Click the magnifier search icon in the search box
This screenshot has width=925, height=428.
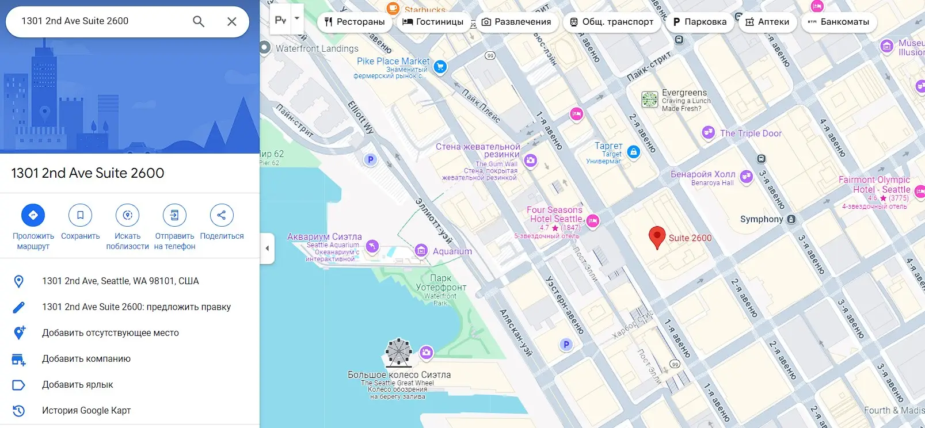tap(199, 21)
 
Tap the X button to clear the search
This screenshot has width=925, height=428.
tap(232, 21)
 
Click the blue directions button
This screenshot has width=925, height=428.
tap(33, 215)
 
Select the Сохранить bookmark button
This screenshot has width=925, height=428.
tap(80, 215)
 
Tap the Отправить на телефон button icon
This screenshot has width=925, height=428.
tap(174, 215)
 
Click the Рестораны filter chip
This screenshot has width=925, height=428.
tap(355, 22)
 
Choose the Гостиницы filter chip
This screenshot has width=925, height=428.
tap(433, 22)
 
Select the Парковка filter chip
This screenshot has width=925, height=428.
tap(699, 22)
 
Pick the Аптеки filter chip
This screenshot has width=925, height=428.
tap(767, 22)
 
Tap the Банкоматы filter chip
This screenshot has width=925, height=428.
tap(839, 22)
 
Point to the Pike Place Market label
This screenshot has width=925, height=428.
tap(393, 62)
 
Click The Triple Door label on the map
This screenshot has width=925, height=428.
tap(751, 133)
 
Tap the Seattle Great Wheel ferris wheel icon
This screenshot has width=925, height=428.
tap(398, 352)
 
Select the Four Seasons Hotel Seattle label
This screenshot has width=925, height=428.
tap(555, 215)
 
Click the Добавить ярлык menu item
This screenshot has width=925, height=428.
tap(78, 384)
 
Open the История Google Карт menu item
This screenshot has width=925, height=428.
tap(86, 410)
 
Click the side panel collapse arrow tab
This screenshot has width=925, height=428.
tap(267, 249)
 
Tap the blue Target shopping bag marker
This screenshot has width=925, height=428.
tap(634, 152)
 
